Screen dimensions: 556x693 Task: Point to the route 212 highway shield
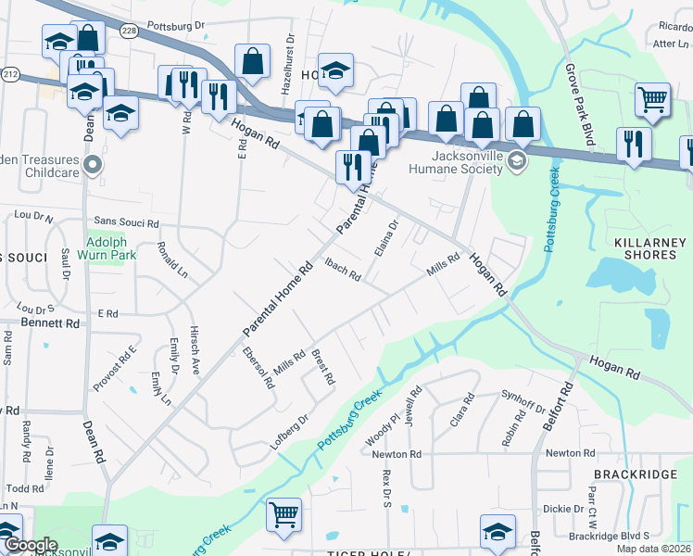[10, 72]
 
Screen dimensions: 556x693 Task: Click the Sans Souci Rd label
[127, 223]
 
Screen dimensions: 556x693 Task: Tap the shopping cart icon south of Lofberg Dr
[283, 514]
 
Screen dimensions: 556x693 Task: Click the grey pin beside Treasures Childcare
[92, 166]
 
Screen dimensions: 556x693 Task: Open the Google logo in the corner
[31, 545]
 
